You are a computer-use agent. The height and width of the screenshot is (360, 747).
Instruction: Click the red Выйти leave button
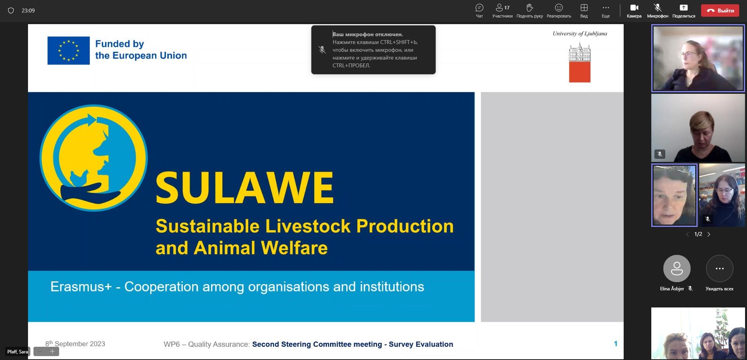tap(720, 11)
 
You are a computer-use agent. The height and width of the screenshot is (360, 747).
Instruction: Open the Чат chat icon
tap(479, 8)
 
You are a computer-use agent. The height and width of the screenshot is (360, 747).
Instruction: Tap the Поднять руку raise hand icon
tap(530, 8)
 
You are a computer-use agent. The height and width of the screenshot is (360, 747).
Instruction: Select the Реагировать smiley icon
tap(559, 8)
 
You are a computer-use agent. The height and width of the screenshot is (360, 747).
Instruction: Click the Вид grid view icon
tap(584, 8)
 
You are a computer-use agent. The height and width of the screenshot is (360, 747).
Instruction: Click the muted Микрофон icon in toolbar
tap(658, 8)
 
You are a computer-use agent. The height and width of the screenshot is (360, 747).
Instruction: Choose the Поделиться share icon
tap(684, 8)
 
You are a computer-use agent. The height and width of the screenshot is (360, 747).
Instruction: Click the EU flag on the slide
tap(68, 51)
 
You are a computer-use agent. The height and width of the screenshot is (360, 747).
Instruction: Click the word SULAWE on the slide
tap(245, 188)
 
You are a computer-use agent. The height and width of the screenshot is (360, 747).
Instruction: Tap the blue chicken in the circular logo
tap(80, 177)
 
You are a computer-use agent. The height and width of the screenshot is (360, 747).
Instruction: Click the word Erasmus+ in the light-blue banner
tap(81, 287)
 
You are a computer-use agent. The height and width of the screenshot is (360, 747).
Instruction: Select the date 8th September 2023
tap(75, 344)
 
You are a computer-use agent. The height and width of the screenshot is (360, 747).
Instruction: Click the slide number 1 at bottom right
tap(615, 344)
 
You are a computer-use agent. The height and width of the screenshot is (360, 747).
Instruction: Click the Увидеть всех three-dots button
tap(719, 269)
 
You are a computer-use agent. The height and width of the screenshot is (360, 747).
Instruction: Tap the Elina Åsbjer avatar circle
tap(677, 269)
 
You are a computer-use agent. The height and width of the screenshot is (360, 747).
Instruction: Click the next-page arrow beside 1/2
tap(708, 234)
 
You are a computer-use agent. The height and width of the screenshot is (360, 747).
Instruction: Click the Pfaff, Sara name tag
tap(18, 352)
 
